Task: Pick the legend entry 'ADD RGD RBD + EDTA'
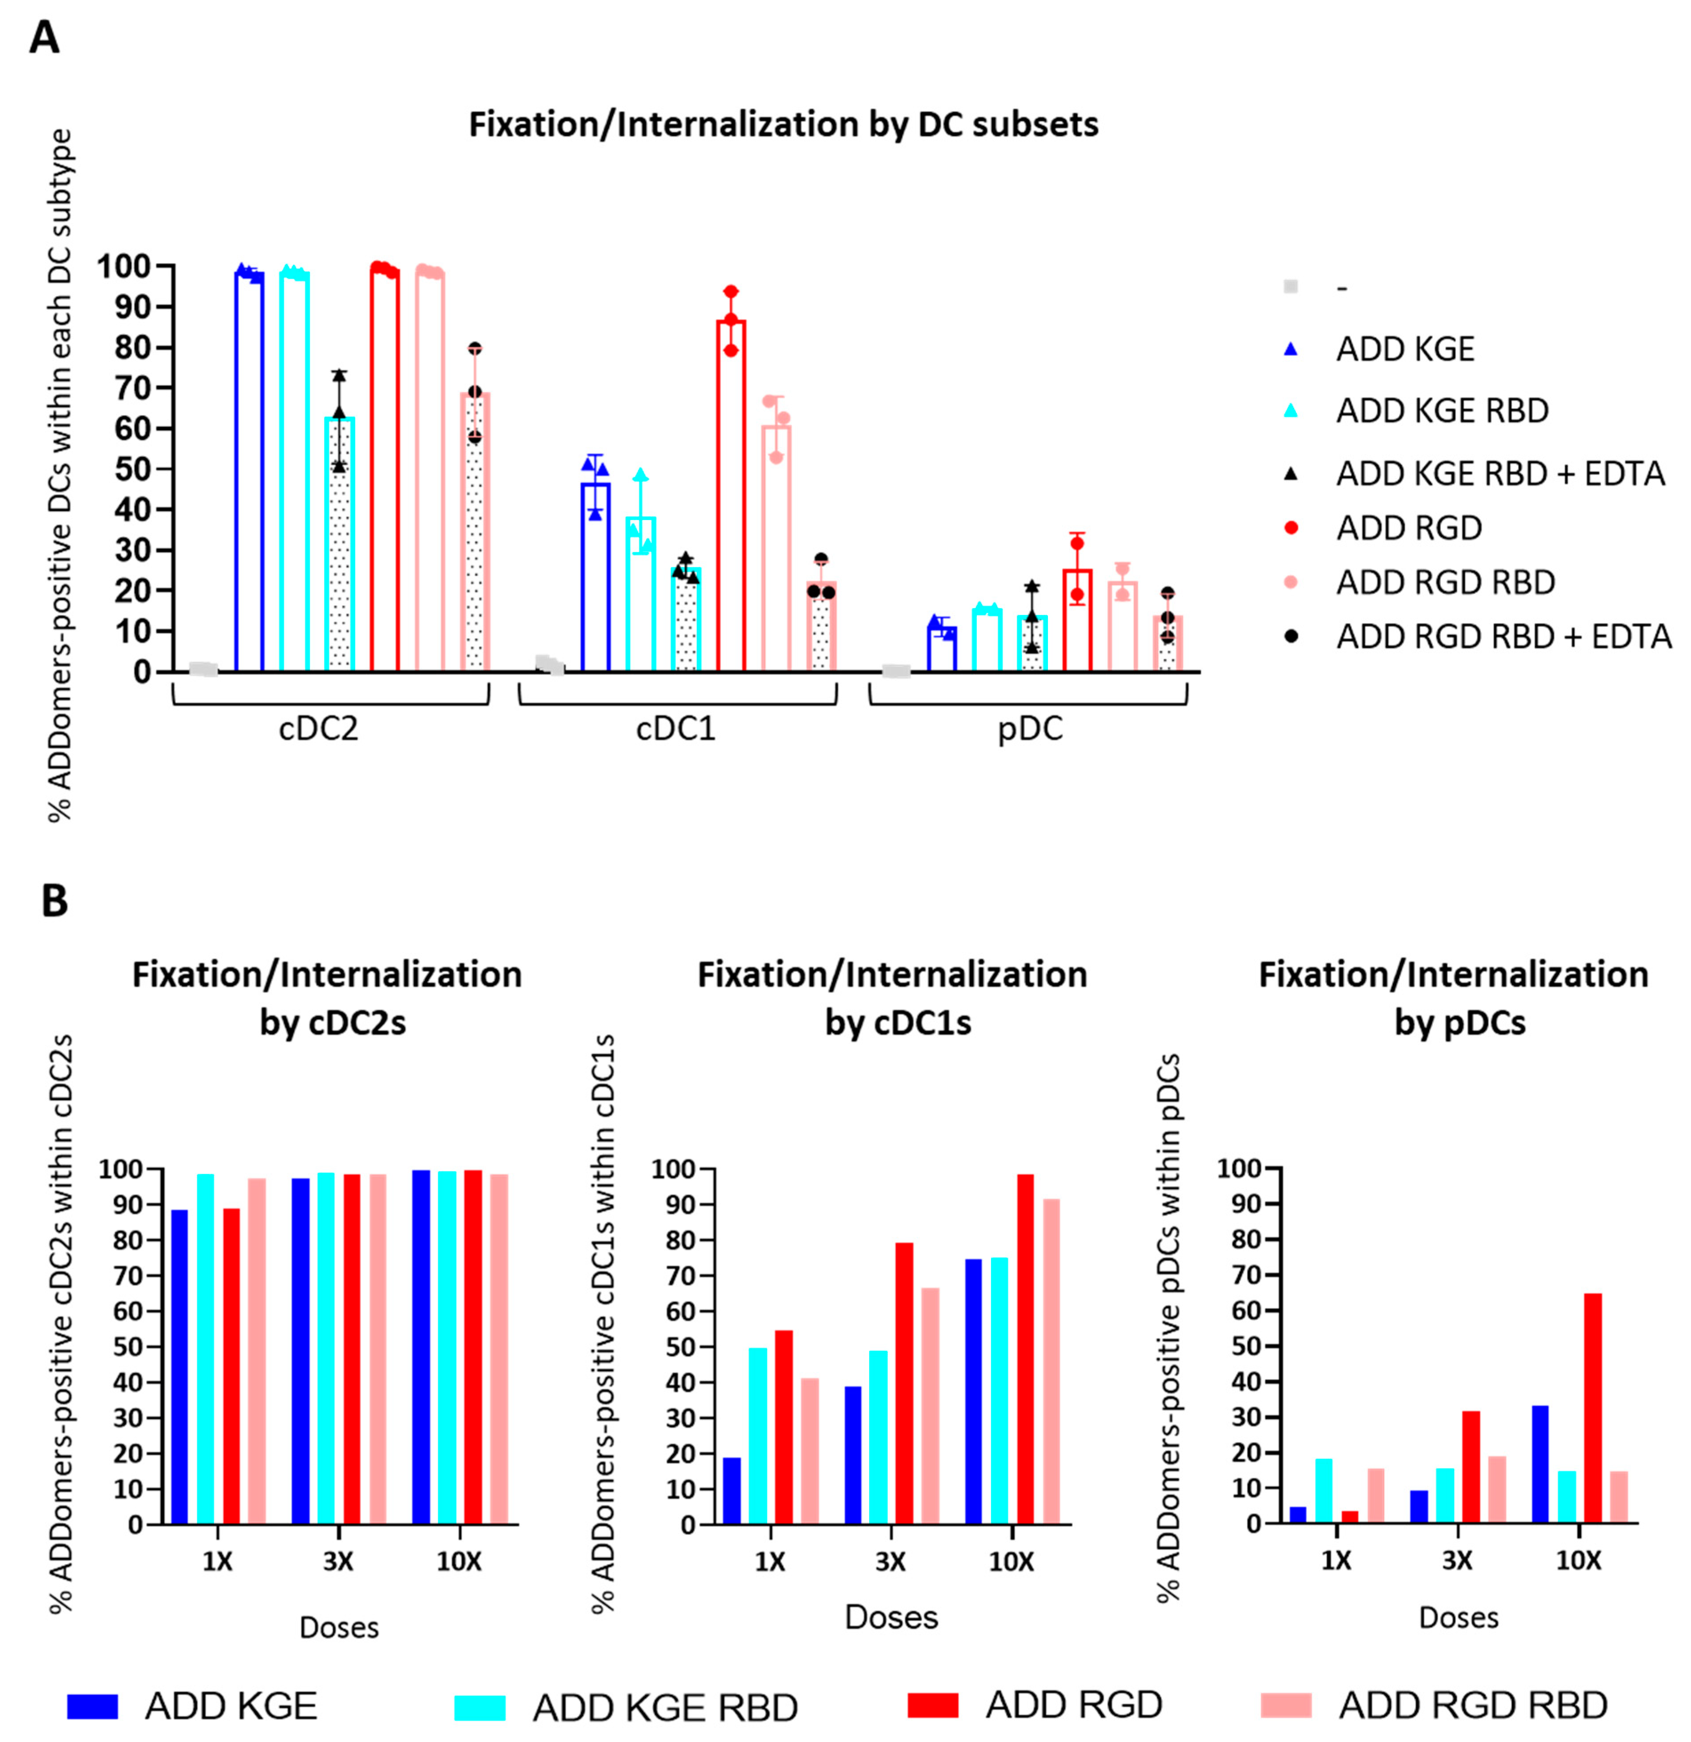click(x=1503, y=636)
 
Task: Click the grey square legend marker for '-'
click(x=1291, y=286)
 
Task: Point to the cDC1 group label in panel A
click(x=676, y=729)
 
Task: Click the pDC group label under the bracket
click(x=1030, y=729)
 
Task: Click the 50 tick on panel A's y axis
click(x=133, y=469)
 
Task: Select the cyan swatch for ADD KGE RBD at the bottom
click(x=480, y=1707)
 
